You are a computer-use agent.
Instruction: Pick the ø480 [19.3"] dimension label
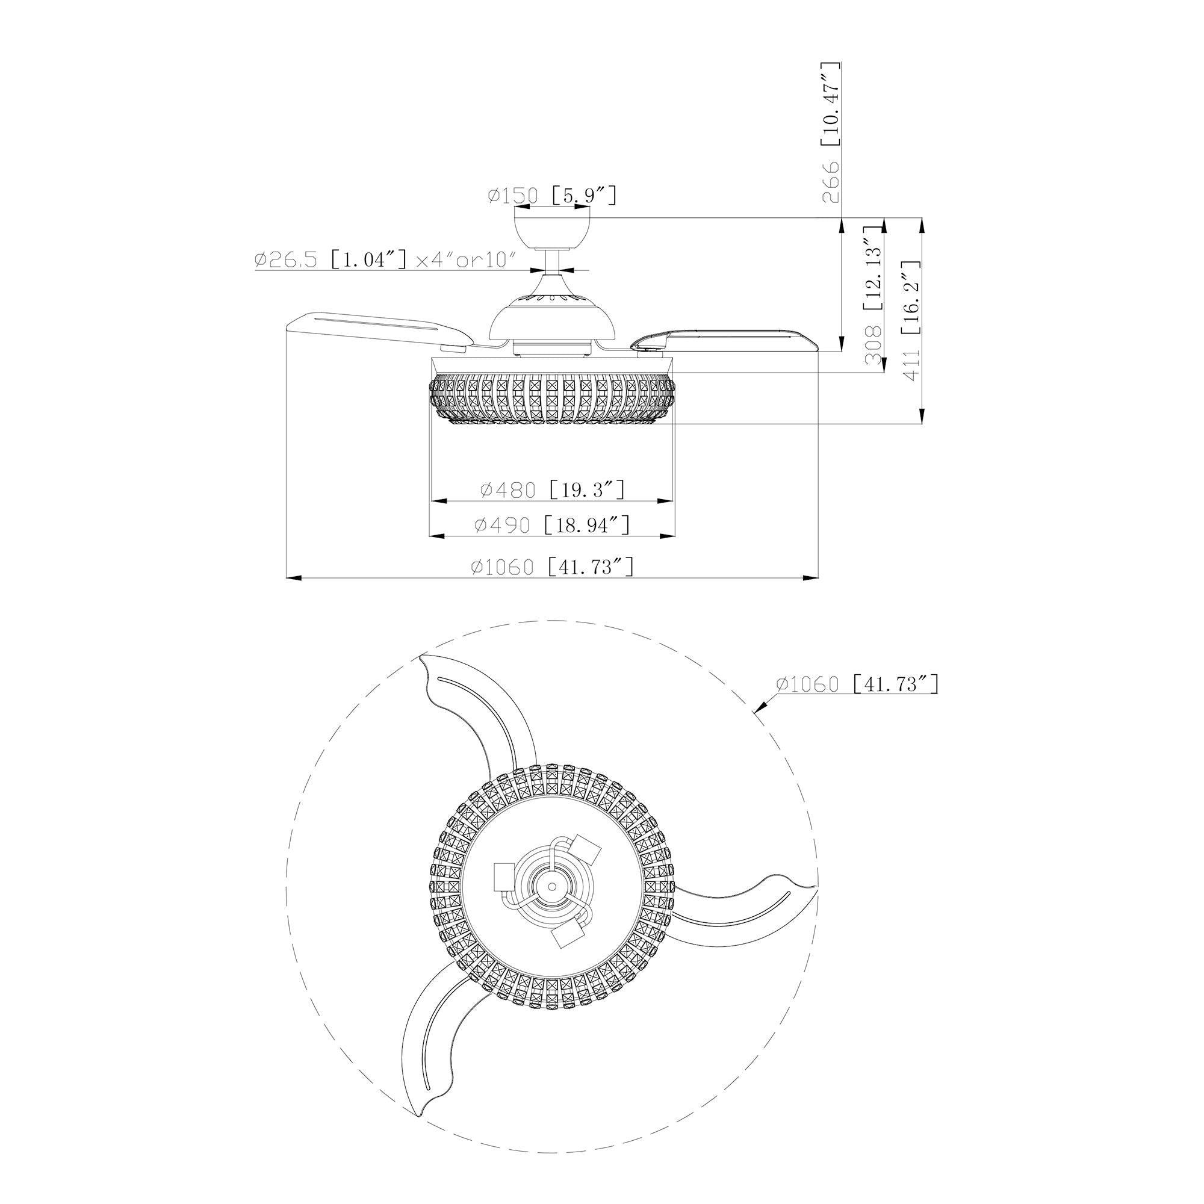[552, 490]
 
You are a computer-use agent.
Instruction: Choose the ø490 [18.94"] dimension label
[552, 525]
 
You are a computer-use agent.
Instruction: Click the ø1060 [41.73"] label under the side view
[552, 567]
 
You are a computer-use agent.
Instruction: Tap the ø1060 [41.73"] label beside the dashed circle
[857, 684]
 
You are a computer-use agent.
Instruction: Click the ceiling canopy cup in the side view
[551, 229]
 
